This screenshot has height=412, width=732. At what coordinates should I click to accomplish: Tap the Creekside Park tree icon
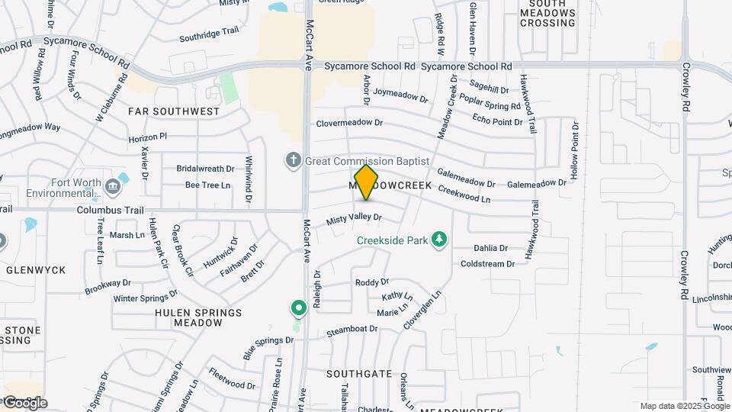click(x=438, y=240)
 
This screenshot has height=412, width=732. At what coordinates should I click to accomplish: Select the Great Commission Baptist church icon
click(x=293, y=161)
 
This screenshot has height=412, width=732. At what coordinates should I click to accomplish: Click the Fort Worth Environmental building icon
click(x=113, y=184)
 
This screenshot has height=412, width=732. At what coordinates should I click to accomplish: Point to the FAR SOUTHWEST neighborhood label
click(x=174, y=111)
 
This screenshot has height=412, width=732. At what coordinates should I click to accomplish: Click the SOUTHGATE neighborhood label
click(x=359, y=374)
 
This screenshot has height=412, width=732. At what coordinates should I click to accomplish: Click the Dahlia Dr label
click(x=490, y=248)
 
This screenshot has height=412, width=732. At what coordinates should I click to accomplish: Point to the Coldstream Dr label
click(x=488, y=264)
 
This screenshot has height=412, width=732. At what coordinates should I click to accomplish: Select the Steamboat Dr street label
click(x=352, y=330)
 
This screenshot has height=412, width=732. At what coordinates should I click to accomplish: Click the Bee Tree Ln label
click(x=208, y=185)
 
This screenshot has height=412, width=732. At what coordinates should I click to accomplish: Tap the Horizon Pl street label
click(x=147, y=137)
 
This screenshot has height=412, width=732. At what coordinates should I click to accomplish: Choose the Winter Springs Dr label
click(x=146, y=295)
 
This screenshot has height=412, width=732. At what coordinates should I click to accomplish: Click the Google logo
click(x=24, y=402)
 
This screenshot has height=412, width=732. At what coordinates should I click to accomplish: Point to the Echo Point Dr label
click(x=497, y=121)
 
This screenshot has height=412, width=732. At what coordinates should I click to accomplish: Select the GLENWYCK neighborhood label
click(x=35, y=269)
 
